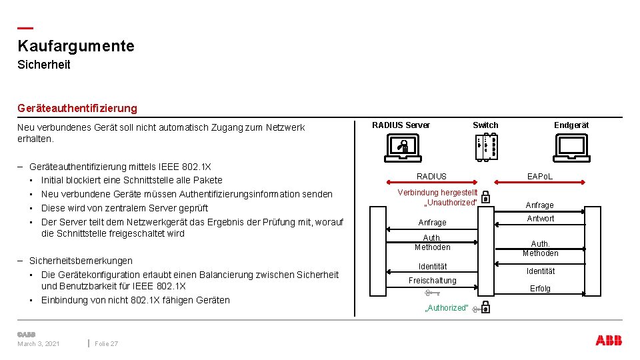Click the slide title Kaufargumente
76,46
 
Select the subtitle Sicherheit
44,65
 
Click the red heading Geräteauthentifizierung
77,108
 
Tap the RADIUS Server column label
401,125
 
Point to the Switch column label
485,125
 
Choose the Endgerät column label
571,125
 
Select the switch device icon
487,147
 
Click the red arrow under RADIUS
431,181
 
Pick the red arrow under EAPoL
539,181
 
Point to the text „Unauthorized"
451,203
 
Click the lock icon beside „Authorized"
486,307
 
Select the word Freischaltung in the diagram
433,281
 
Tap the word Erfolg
540,289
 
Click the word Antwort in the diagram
540,219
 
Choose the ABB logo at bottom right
609,341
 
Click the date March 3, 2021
39,344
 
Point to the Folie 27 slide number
107,344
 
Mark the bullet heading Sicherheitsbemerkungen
81,261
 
